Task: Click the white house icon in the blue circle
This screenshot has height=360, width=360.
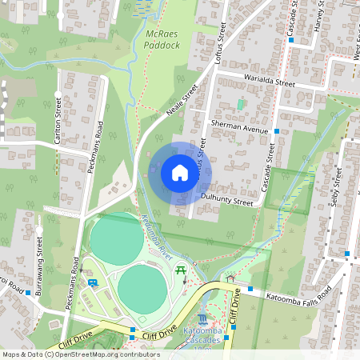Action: [x=180, y=173]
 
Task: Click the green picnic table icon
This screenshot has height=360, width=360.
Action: [x=182, y=270]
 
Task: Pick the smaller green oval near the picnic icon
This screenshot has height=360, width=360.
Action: [x=143, y=287]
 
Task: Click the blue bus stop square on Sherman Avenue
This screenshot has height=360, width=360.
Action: [x=277, y=130]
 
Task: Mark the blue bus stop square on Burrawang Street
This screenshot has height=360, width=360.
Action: [x=27, y=293]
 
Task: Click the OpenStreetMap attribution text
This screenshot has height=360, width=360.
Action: [x=80, y=354]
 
